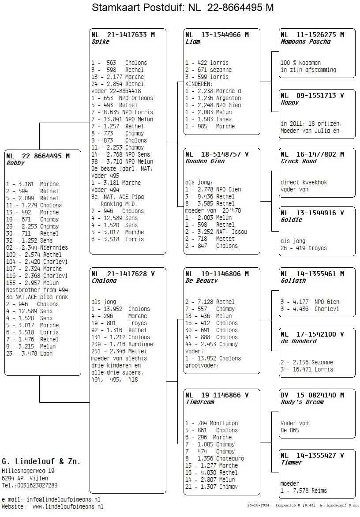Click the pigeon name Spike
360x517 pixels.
point(100,42)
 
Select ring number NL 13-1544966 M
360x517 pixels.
point(217,35)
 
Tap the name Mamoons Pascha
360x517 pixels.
point(305,42)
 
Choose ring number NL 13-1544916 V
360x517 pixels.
point(312,213)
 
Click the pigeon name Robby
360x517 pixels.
point(15,163)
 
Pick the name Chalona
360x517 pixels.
point(104,281)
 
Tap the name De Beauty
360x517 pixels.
point(201,281)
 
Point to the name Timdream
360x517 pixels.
point(199,402)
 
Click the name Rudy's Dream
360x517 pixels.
point(302,402)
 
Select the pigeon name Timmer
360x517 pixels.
point(291,463)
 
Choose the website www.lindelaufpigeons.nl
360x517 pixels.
point(67,507)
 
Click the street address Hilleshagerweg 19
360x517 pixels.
point(28,471)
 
